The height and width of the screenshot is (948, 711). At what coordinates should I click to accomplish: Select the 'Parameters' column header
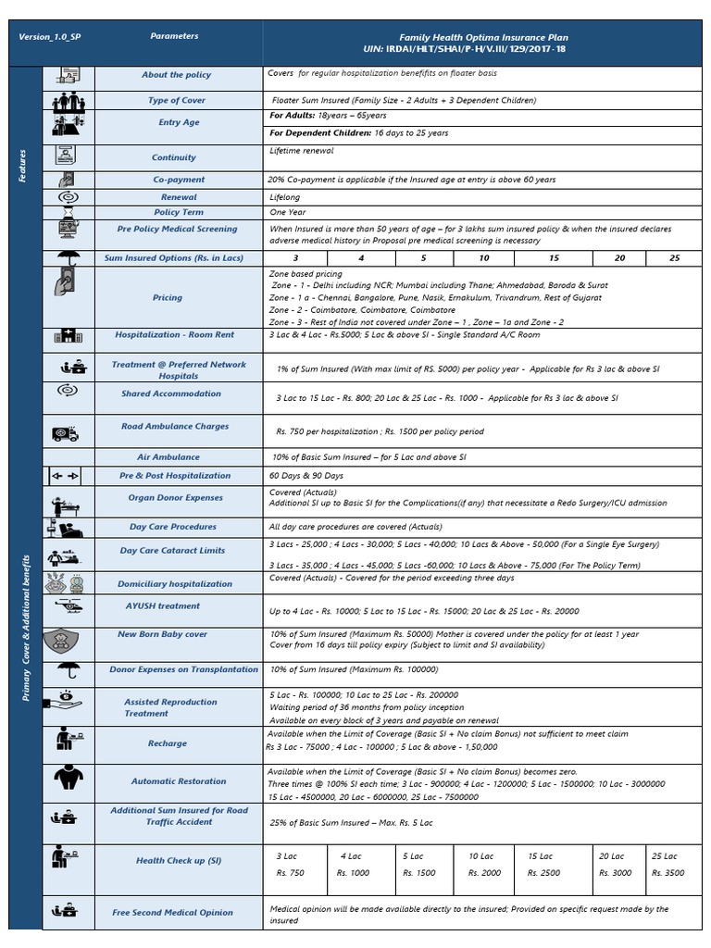[174, 36]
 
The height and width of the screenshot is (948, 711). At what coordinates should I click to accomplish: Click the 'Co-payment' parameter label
[179, 180]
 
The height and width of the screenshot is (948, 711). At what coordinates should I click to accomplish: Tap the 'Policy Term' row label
[179, 212]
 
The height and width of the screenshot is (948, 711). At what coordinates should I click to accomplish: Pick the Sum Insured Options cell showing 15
[554, 257]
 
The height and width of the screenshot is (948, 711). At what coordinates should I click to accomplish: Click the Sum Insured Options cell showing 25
[674, 257]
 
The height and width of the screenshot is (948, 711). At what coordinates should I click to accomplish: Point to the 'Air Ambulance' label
[168, 457]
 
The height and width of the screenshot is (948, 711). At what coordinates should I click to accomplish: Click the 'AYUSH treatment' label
[163, 606]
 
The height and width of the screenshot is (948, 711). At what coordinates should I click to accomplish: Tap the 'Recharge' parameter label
[167, 743]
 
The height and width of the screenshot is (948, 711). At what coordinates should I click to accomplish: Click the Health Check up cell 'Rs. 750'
[290, 873]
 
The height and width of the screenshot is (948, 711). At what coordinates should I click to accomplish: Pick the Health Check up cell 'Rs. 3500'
[668, 873]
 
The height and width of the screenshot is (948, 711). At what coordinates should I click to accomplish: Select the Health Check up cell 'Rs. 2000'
[484, 873]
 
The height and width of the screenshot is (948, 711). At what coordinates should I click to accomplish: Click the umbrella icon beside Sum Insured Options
[68, 257]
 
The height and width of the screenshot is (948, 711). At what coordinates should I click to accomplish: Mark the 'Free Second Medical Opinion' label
[173, 913]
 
